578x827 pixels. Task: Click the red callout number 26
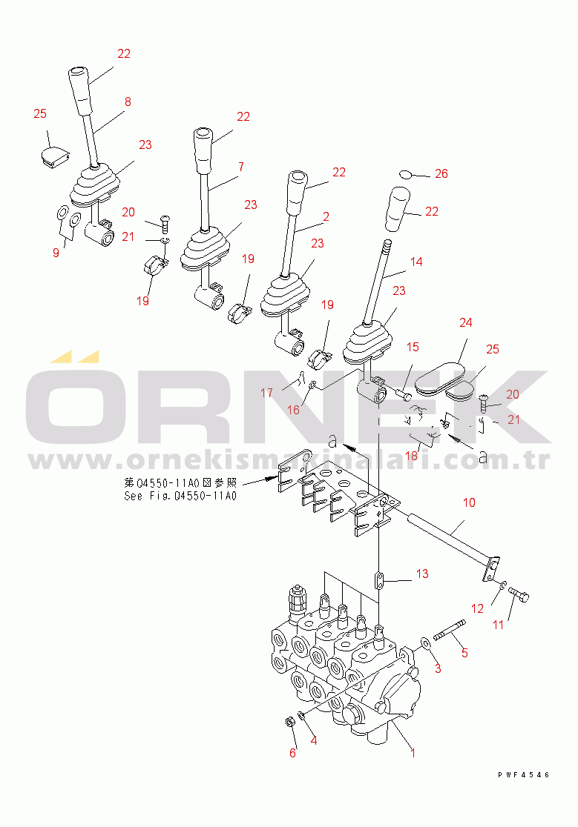point(441,173)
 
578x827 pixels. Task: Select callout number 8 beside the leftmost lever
point(128,102)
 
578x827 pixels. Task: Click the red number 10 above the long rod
point(469,502)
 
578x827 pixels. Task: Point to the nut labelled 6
point(289,721)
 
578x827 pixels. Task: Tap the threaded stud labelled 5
point(450,631)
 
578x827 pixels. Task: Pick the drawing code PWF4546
point(524,775)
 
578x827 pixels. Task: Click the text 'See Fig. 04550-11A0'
point(180,496)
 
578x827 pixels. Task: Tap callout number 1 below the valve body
point(413,753)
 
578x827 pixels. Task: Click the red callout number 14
point(416,262)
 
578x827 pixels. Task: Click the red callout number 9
point(56,253)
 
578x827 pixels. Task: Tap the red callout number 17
point(266,393)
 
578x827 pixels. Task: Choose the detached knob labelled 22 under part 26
point(398,209)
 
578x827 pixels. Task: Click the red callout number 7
point(241,167)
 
